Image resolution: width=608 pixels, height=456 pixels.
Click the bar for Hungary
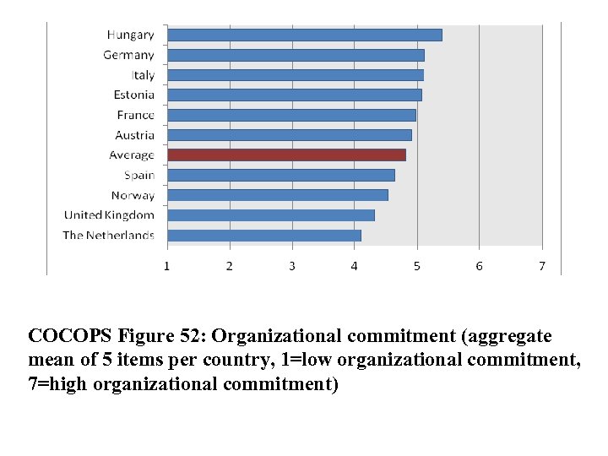[x=304, y=35]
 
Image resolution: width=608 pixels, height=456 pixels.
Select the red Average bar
[x=286, y=155]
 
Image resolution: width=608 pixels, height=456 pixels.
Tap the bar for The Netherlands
[x=263, y=236]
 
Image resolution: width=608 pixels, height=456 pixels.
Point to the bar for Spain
[x=280, y=176]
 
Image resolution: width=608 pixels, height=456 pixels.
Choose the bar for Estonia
[x=294, y=95]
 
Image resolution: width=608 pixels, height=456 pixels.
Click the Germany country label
[x=128, y=55]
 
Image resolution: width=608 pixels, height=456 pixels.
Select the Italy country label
[x=142, y=75]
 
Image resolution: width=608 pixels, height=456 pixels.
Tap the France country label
[x=135, y=115]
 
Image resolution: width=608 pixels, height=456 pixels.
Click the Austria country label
[x=134, y=135]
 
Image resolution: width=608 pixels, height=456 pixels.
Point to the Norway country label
[x=133, y=196]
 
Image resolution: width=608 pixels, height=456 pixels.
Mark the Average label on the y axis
[x=132, y=155]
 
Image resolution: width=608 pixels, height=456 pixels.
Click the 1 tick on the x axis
[x=167, y=266]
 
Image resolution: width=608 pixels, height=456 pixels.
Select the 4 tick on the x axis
[x=355, y=266]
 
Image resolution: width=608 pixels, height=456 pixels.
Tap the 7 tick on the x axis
[x=542, y=266]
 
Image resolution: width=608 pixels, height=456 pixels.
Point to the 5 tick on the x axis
[x=417, y=266]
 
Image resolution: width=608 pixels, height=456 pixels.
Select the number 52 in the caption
[x=191, y=337]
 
